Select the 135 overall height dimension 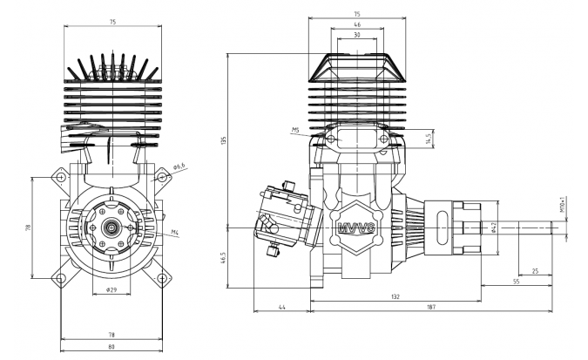coord(223,139)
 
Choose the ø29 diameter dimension coord(112,289)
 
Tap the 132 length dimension coord(395,296)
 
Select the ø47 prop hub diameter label coord(493,228)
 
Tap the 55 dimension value coord(516,283)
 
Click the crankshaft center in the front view coord(112,228)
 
